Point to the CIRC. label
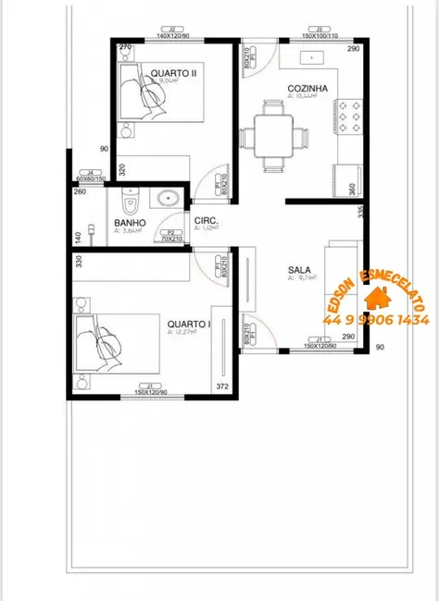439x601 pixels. coord(206,220)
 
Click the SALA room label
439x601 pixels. coord(299,271)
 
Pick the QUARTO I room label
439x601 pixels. coord(189,325)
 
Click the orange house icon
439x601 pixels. coord(378,298)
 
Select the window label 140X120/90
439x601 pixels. coord(172,34)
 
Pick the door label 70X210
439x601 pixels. coord(169,238)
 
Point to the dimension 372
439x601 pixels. coord(222,385)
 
